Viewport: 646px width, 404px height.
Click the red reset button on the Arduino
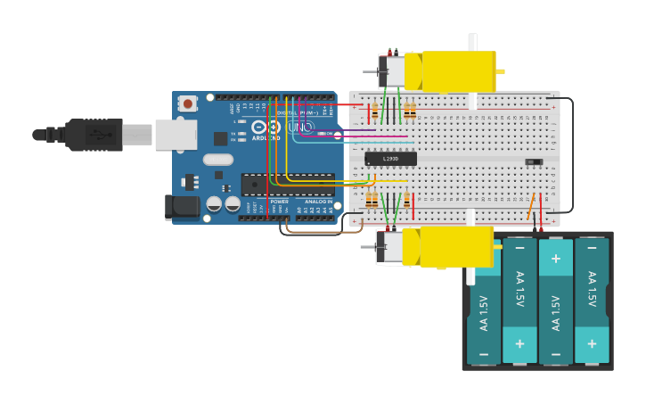click(188, 103)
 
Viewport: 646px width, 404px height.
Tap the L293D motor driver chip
click(390, 159)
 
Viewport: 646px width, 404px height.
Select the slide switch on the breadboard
click(533, 161)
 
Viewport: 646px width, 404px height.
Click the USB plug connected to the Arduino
click(94, 135)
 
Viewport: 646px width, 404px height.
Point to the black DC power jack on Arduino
click(183, 207)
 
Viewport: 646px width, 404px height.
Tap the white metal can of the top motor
click(392, 71)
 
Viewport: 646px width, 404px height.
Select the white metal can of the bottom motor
click(390, 247)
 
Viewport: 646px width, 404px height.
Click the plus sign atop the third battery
click(556, 259)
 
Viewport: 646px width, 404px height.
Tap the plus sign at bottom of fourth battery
click(592, 343)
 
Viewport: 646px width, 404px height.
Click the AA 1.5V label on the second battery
click(520, 288)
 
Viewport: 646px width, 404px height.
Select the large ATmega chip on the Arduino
click(288, 185)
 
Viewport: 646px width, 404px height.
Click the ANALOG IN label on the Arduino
click(318, 202)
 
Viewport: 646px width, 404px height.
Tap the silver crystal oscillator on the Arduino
click(217, 160)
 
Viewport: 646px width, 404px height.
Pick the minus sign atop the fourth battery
click(592, 246)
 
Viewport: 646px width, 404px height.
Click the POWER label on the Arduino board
click(279, 202)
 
